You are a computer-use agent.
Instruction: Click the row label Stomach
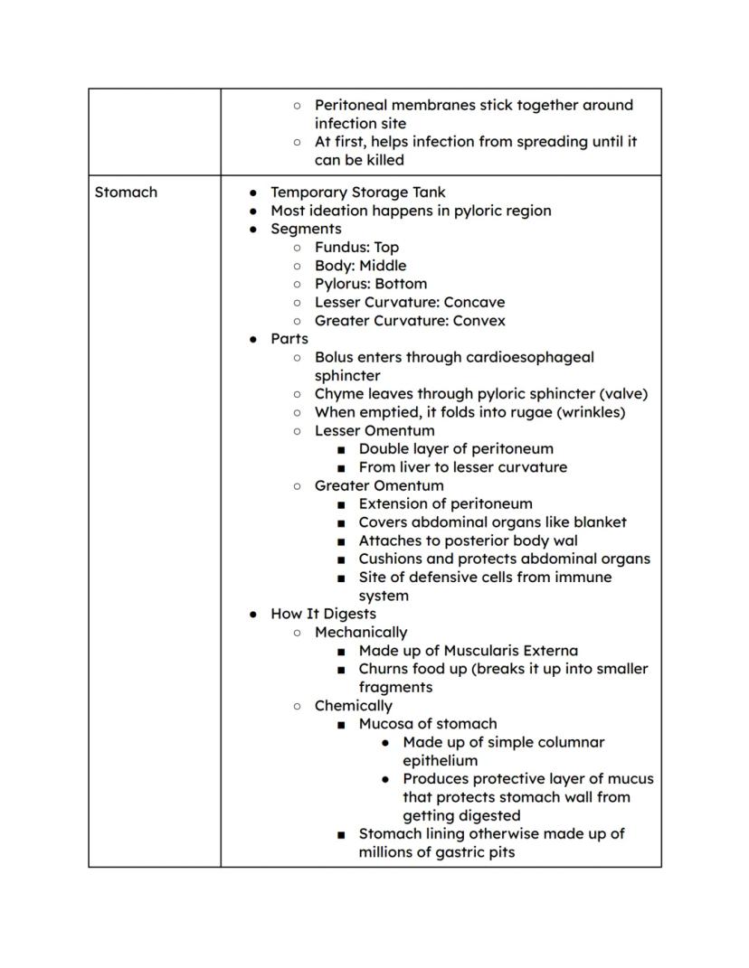pyautogui.click(x=126, y=193)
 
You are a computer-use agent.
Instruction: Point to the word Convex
pyautogui.click(x=478, y=321)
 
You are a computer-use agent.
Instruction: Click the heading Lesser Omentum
pyautogui.click(x=374, y=431)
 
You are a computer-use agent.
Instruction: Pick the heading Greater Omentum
pyautogui.click(x=379, y=485)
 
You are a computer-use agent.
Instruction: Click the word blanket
pyautogui.click(x=600, y=522)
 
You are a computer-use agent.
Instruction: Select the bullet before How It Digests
pyautogui.click(x=253, y=614)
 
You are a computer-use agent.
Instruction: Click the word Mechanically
pyautogui.click(x=361, y=633)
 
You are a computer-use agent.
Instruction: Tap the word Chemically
pyautogui.click(x=354, y=706)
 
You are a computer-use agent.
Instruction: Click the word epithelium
pyautogui.click(x=440, y=761)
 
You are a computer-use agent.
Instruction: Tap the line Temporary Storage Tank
pyautogui.click(x=358, y=193)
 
